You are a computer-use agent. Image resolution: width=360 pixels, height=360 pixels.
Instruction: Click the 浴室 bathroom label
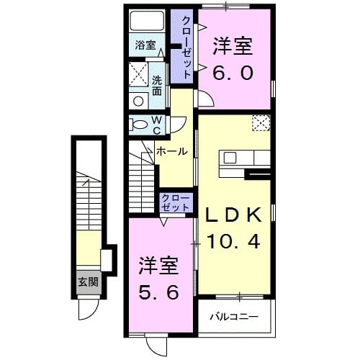145,45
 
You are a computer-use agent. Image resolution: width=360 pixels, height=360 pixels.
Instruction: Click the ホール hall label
172,151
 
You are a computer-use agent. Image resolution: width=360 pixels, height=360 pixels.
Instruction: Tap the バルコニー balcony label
234,316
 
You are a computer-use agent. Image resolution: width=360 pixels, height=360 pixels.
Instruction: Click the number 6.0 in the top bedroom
232,73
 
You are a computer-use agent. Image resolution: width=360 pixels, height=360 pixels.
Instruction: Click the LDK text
234,214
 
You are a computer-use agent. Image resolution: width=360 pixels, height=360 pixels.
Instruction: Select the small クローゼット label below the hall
176,202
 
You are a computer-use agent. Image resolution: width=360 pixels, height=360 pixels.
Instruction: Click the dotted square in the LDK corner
260,123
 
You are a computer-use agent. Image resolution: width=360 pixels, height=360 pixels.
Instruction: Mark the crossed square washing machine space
138,73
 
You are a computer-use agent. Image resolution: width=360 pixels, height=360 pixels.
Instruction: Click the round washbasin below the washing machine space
138,101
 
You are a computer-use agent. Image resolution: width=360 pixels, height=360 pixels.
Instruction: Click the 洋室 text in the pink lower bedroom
158,266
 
